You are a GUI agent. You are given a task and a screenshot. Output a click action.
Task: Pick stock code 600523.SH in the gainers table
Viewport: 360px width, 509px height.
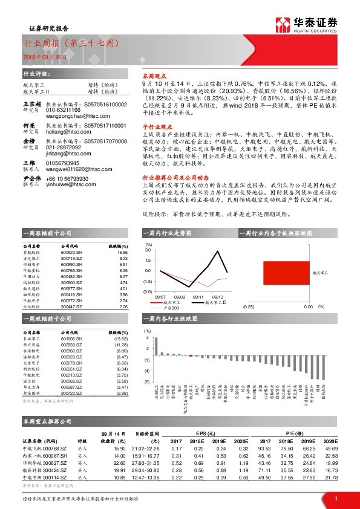[71, 253]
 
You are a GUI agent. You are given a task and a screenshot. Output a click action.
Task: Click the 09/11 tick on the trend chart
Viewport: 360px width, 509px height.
[198, 297]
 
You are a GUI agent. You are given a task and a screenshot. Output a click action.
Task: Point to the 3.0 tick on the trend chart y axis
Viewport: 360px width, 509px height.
[148, 249]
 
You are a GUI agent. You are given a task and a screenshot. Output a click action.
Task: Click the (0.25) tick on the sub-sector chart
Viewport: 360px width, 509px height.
[248, 307]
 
